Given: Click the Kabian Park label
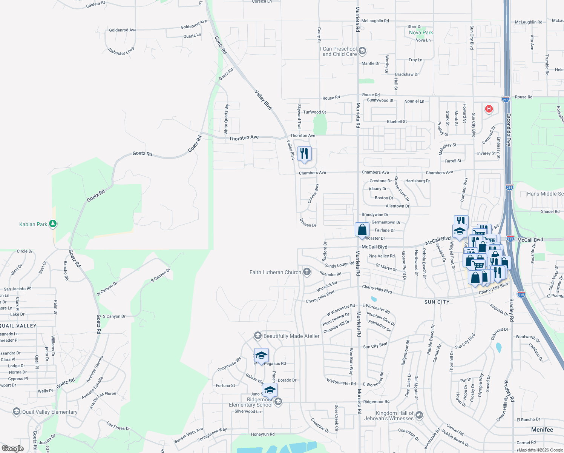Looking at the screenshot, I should pyautogui.click(x=33, y=224).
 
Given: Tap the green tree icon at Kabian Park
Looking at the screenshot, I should pyautogui.click(x=53, y=224).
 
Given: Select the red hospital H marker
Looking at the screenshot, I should pyautogui.click(x=489, y=109).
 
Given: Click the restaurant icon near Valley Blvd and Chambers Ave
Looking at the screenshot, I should pyautogui.click(x=304, y=154).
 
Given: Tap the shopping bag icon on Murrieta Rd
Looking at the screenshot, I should pyautogui.click(x=362, y=230).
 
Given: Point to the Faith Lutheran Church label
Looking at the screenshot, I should pyautogui.click(x=275, y=272).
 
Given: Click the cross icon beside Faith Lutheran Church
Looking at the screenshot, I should pyautogui.click(x=307, y=272).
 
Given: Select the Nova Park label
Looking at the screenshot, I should pyautogui.click(x=421, y=33).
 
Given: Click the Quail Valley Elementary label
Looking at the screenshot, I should pyautogui.click(x=50, y=412).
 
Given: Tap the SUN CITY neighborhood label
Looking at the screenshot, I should pyautogui.click(x=437, y=302).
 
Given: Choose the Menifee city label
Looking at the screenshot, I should pyautogui.click(x=542, y=430).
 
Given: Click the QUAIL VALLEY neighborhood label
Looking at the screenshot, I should pyautogui.click(x=18, y=326).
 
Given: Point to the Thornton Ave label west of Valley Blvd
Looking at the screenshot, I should pyautogui.click(x=244, y=138).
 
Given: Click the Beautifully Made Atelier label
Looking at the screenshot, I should pyautogui.click(x=291, y=336).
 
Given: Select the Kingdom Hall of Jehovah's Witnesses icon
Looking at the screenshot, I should pyautogui.click(x=419, y=415).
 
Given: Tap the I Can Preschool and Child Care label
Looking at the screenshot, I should pyautogui.click(x=339, y=51).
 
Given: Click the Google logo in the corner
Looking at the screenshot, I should pyautogui.click(x=12, y=448).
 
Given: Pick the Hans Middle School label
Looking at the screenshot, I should pyautogui.click(x=545, y=194).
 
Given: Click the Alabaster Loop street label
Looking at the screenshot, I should pyautogui.click(x=121, y=51).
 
